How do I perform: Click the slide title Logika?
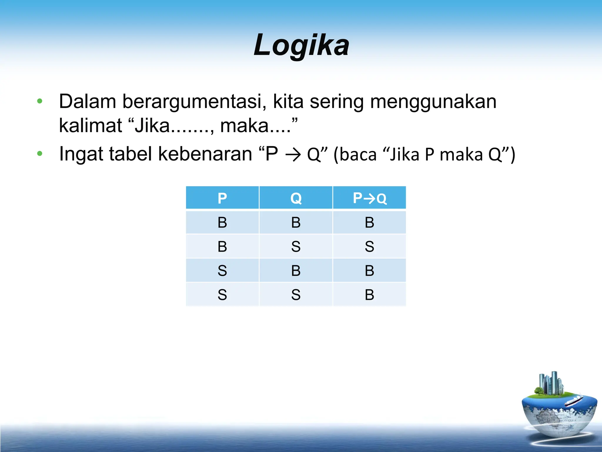(x=302, y=45)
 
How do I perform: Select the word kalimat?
(x=90, y=126)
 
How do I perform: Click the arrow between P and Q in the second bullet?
(x=293, y=155)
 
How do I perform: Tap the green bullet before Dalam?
(x=40, y=102)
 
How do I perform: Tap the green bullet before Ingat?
(x=40, y=154)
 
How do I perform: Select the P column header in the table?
(x=222, y=198)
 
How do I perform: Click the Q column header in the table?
(x=296, y=198)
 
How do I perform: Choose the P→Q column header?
(x=369, y=198)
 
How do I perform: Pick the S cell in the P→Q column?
(x=369, y=247)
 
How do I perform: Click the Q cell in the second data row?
(x=296, y=247)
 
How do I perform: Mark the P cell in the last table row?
(x=222, y=295)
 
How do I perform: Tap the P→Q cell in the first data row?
(x=369, y=222)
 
